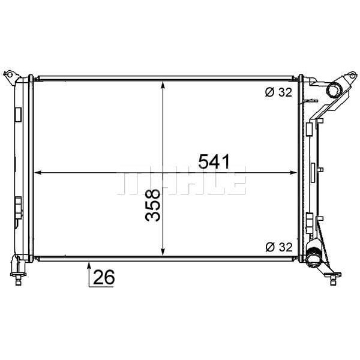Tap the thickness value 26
tap(104, 278)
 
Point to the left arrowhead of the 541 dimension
tap(37, 173)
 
